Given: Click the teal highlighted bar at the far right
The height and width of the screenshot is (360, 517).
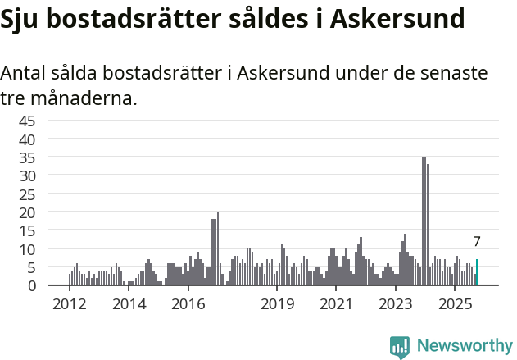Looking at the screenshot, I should pyautogui.click(x=478, y=272).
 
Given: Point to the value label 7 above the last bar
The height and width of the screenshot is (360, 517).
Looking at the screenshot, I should pyautogui.click(x=477, y=242).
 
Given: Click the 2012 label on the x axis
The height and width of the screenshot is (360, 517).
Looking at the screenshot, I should pyautogui.click(x=69, y=304).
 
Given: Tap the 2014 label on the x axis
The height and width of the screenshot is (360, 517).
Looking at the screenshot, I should pyautogui.click(x=129, y=304).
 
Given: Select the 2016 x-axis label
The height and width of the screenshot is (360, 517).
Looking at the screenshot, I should pyautogui.click(x=188, y=304).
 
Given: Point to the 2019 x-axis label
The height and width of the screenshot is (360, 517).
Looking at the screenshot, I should pyautogui.click(x=277, y=304).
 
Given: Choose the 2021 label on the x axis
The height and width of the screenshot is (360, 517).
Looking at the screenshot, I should pyautogui.click(x=336, y=304).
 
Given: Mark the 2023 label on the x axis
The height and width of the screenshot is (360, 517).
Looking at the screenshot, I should pyautogui.click(x=396, y=304).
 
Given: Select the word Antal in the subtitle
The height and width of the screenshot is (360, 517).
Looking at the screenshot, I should pyautogui.click(x=25, y=73).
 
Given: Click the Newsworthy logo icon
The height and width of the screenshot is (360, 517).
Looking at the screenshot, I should pyautogui.click(x=400, y=347).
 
